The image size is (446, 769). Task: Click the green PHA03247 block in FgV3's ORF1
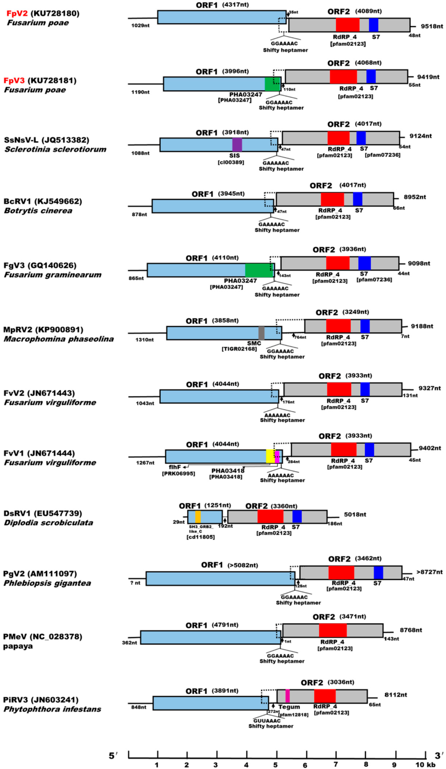tap(259, 270)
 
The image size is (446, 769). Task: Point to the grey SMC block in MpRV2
tap(261, 333)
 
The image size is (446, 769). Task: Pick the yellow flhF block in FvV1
tap(270, 456)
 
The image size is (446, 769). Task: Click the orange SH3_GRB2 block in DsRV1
tap(198, 517)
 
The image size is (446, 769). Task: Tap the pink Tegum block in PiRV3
tap(287, 696)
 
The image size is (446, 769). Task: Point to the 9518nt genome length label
tap(432, 26)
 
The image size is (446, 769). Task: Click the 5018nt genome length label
tap(355, 515)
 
